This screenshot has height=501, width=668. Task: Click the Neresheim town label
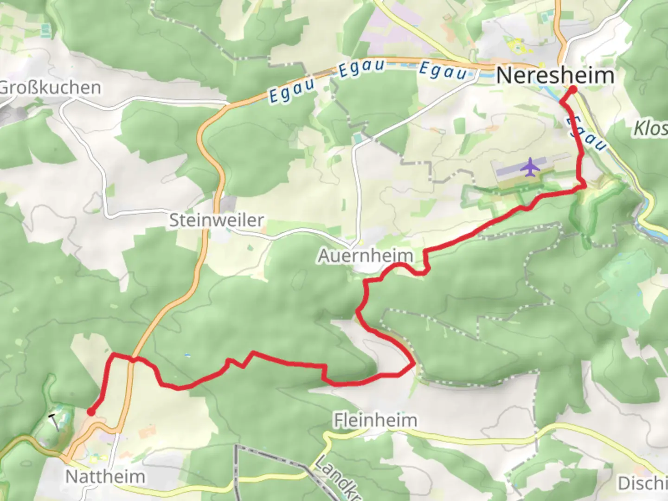555,75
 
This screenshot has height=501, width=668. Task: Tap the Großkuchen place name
50,88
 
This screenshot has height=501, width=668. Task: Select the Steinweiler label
216,220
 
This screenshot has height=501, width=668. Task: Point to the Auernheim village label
366,256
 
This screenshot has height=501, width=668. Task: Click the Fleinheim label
375,420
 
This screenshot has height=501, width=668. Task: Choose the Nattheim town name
105,476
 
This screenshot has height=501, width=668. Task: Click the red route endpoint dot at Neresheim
572,90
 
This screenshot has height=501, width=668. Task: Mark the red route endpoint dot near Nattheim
91,412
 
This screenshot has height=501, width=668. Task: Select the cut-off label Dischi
642,483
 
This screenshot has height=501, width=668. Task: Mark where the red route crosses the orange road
133,359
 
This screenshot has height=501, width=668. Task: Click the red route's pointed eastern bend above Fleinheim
413,364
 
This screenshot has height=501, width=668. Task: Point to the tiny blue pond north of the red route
187,355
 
